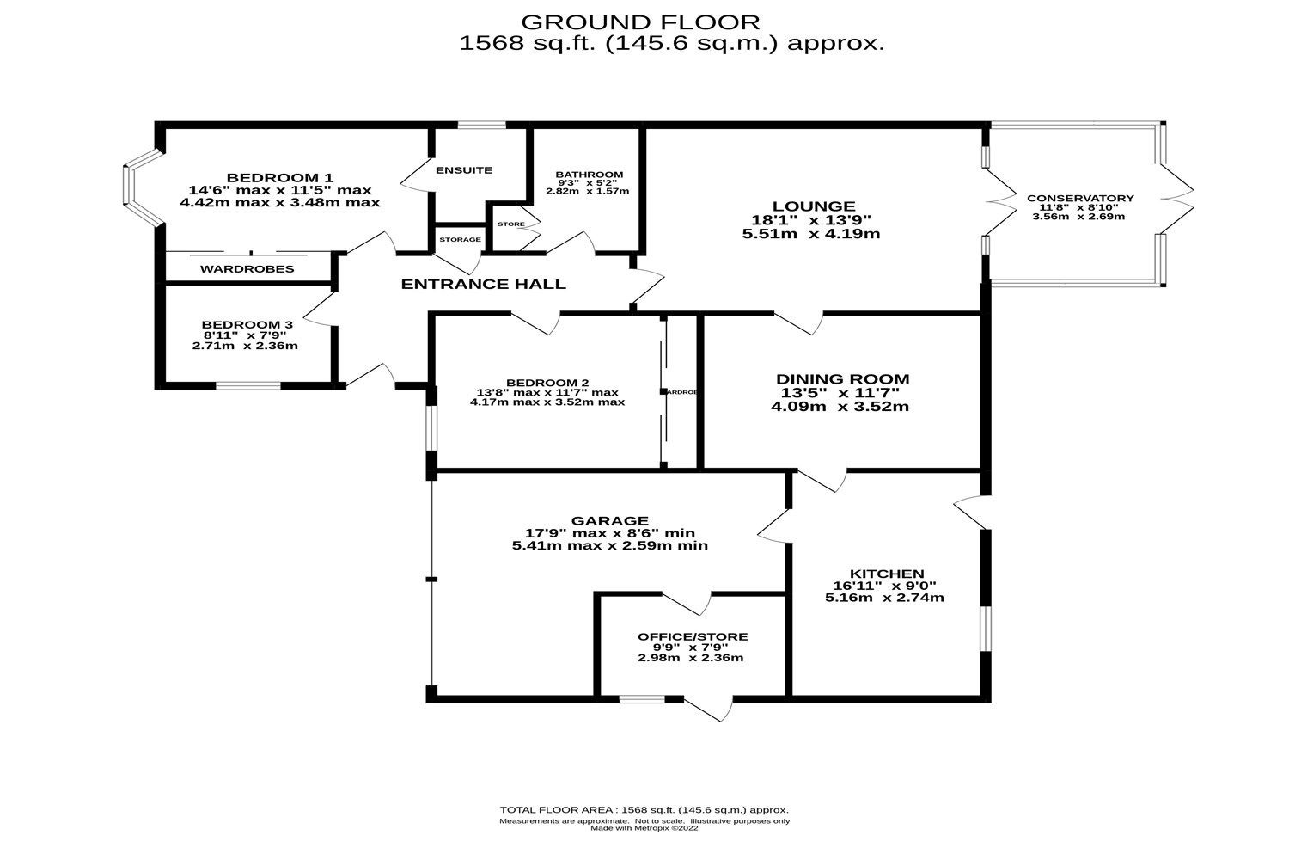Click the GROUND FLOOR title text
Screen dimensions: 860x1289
(640, 21)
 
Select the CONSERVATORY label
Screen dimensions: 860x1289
(1080, 198)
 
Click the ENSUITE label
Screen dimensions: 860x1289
(464, 170)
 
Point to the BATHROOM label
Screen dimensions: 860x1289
(589, 175)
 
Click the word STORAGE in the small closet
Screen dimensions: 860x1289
(460, 239)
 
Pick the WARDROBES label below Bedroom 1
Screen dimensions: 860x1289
(247, 269)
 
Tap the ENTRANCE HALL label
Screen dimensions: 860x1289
(484, 284)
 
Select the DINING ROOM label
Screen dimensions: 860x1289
(842, 378)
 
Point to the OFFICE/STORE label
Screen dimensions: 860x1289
(692, 636)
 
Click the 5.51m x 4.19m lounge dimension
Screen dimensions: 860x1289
(813, 234)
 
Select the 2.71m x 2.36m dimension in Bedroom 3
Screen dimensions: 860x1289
(245, 346)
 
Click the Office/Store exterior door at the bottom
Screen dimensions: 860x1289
(710, 709)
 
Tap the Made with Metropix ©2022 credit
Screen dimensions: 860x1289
(644, 829)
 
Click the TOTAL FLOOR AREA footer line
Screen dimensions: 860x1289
(644, 810)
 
